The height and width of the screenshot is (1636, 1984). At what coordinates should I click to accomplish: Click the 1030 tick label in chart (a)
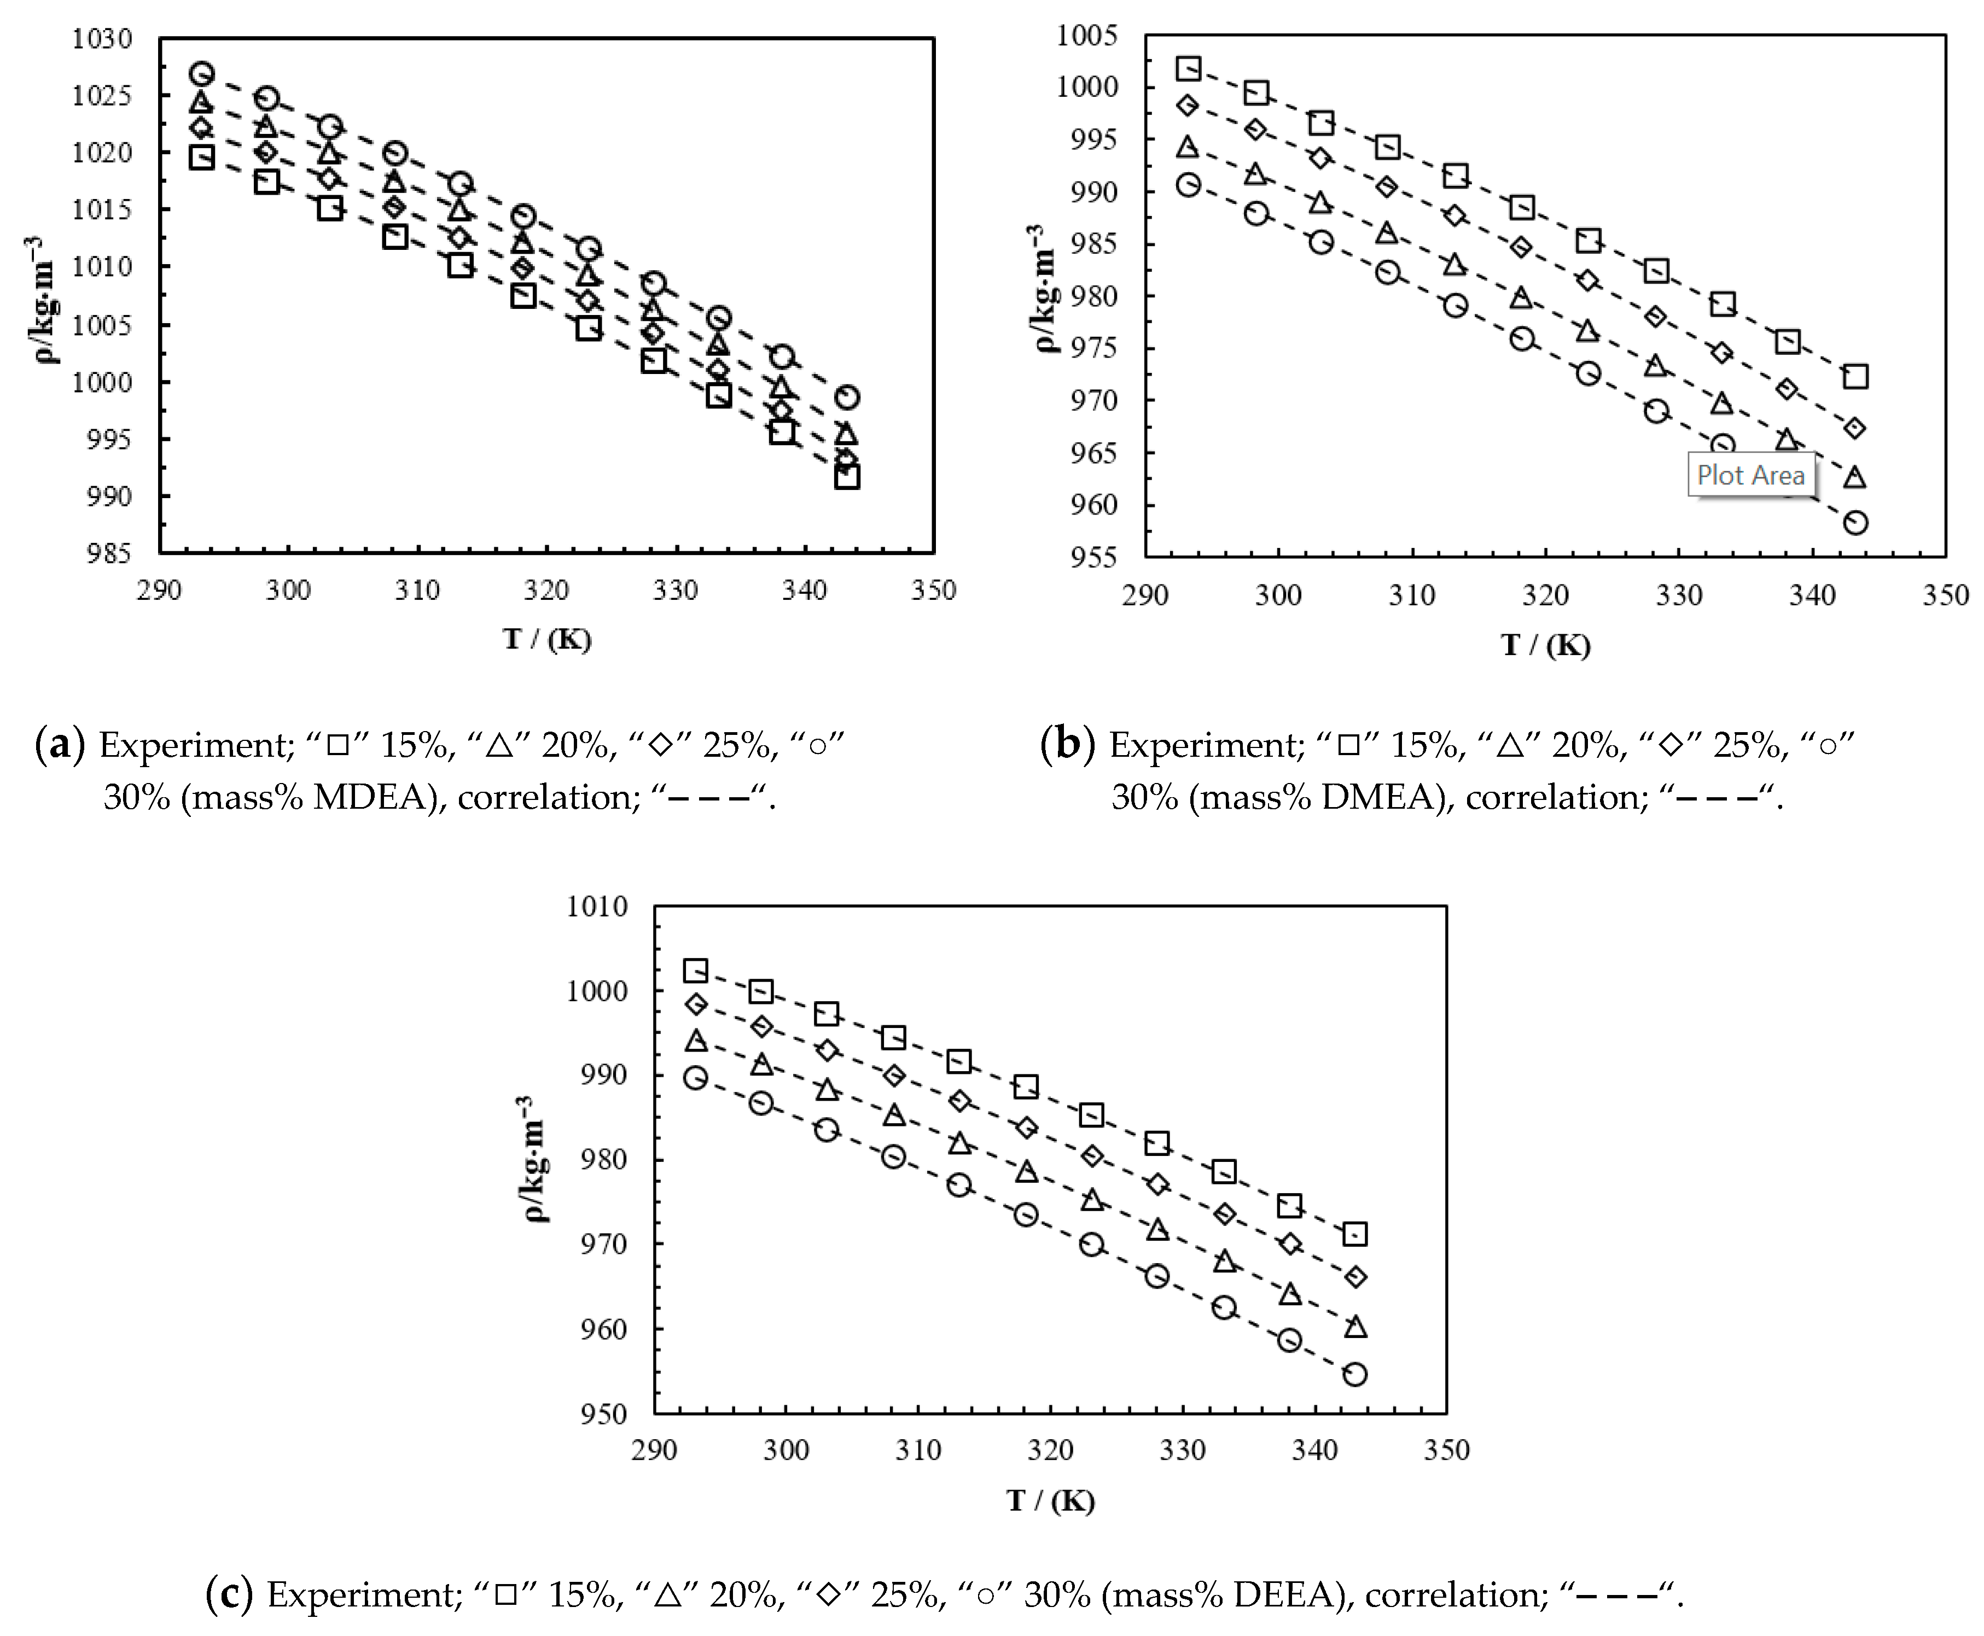click(102, 39)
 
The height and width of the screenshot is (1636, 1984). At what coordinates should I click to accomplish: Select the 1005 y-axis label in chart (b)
click(1087, 36)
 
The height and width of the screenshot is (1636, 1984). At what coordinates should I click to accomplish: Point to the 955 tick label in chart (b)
click(1093, 557)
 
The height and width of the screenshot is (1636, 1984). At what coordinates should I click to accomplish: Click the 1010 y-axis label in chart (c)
click(597, 907)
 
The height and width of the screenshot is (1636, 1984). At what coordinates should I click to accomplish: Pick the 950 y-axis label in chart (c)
click(603, 1413)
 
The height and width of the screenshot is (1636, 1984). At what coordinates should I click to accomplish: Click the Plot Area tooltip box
click(1750, 475)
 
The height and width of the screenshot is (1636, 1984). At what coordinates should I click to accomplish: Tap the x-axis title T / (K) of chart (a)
click(546, 640)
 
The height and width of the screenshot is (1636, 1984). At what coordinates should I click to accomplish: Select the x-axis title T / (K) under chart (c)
click(1050, 1500)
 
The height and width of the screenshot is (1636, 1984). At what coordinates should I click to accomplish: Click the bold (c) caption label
click(229, 1594)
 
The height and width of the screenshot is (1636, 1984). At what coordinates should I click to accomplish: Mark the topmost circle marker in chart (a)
click(202, 73)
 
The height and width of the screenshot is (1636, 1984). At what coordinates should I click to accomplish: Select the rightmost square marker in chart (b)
click(1855, 377)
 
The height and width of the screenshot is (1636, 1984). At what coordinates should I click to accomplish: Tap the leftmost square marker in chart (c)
click(696, 971)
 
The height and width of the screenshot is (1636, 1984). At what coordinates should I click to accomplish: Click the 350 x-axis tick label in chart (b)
click(1945, 595)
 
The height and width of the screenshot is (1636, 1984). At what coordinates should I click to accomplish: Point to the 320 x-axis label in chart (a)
click(546, 591)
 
